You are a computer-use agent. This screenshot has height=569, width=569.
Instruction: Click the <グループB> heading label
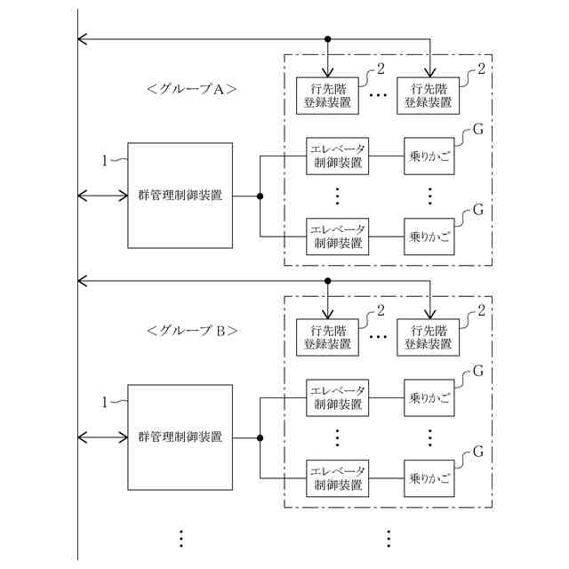pos(191,331)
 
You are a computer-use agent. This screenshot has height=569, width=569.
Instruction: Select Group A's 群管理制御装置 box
pos(180,195)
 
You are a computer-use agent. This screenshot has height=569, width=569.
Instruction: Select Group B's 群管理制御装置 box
pos(180,437)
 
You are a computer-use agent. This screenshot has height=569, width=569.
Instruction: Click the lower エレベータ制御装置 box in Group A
pos(338,236)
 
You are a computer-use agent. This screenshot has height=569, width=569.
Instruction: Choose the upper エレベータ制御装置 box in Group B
pos(338,398)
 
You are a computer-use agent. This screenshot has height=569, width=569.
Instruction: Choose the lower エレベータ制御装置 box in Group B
pos(338,478)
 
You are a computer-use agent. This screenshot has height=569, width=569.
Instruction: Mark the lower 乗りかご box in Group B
pos(429,478)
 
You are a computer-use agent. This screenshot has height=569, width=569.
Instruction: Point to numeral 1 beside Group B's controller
pos(105,402)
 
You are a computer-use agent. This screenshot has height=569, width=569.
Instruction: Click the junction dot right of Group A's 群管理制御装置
pos(260,196)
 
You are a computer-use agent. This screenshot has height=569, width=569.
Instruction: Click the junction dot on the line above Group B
pos(327,281)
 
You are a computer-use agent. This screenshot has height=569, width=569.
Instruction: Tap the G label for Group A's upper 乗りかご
pos(477,129)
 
